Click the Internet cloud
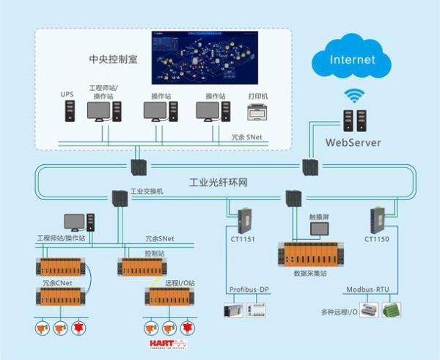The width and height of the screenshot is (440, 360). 352,58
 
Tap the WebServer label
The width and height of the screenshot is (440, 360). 353,142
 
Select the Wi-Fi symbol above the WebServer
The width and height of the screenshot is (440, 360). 356,95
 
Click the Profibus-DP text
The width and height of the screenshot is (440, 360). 250,290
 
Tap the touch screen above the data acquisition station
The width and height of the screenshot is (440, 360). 320,229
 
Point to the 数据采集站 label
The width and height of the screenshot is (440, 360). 309,271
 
